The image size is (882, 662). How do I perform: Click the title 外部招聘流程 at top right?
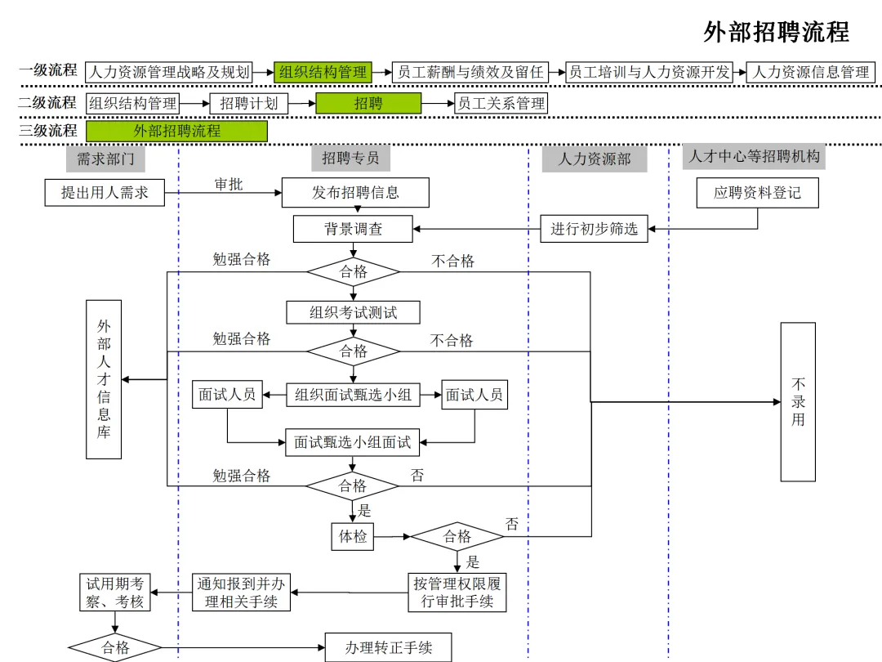pos(776,33)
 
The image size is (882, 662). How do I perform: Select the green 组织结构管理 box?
pos(323,73)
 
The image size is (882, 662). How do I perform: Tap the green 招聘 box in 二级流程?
pos(368,104)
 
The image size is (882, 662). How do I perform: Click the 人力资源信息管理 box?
pos(811,73)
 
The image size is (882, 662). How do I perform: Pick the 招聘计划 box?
pos(249,104)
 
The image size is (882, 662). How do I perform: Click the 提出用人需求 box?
pos(105,194)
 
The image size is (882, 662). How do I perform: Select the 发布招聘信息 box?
pos(355,193)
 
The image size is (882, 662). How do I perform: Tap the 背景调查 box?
pos(353,230)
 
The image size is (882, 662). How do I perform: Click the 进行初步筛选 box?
pos(594,230)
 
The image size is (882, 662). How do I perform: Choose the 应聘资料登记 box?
pos(757,194)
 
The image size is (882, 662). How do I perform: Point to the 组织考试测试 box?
pos(353,312)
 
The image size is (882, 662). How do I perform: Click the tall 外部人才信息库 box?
pos(104,379)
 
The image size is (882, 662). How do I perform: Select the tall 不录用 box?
pos(798,402)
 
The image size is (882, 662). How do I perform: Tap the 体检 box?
pos(353,537)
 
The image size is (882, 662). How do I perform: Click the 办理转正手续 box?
pos(388,648)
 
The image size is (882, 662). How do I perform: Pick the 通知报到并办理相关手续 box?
pos(241,593)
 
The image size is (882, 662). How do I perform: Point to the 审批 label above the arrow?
pos(229,185)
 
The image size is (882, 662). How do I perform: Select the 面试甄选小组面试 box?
pos(353,443)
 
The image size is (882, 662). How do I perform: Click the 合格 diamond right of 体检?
pos(457,537)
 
